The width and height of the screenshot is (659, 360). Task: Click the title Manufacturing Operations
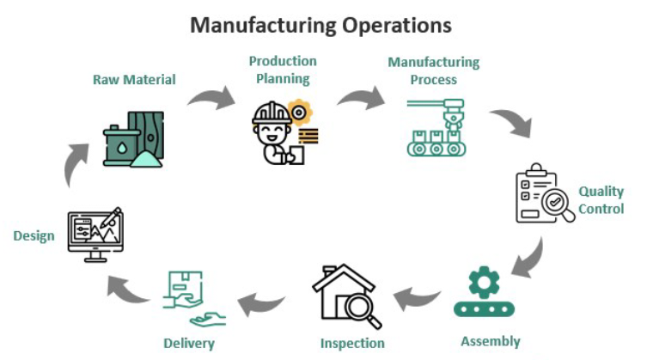click(320, 25)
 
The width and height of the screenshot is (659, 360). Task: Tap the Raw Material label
click(134, 79)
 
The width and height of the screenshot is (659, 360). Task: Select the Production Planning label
click(283, 70)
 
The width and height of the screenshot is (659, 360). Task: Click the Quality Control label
click(601, 200)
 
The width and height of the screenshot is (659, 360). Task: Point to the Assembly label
click(491, 341)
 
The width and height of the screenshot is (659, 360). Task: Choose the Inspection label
click(352, 343)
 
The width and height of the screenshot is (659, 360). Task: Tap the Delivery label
click(189, 344)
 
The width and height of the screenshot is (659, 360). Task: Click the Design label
click(34, 235)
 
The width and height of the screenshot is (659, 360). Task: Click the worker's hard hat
click(272, 113)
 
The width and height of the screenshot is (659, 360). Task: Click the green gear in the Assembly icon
click(485, 283)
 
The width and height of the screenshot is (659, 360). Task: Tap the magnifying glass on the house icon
click(363, 310)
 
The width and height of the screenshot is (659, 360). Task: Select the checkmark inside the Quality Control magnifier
click(555, 202)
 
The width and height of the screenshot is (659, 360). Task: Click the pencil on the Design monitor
click(111, 217)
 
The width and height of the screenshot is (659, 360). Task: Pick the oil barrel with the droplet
click(120, 145)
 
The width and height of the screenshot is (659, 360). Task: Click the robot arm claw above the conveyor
click(453, 116)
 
